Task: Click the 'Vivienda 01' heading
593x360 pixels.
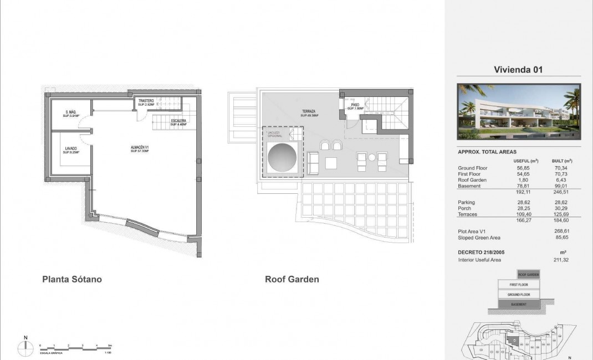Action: (518, 70)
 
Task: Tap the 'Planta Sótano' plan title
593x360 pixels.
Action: (72, 280)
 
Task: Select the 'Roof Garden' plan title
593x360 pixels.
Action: (292, 280)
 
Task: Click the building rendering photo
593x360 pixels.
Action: (519, 111)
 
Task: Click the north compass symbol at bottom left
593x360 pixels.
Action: (25, 347)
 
